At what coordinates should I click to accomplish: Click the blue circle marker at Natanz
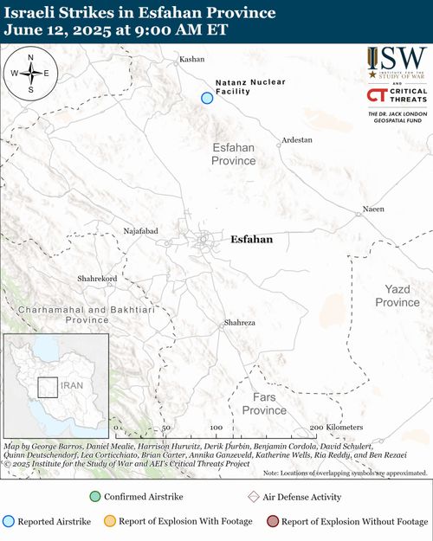pyautogui.click(x=207, y=98)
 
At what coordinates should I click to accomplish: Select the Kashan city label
pyautogui.click(x=191, y=60)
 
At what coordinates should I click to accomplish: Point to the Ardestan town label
pyautogui.click(x=297, y=139)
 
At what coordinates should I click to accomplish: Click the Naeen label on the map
pyautogui.click(x=372, y=209)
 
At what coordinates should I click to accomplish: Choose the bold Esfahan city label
pyautogui.click(x=252, y=239)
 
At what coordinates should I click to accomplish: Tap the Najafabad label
pyautogui.click(x=141, y=231)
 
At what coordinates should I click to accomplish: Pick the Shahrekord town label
pyautogui.click(x=97, y=279)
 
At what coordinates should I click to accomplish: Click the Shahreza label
pyautogui.click(x=240, y=322)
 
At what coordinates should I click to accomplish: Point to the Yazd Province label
pyautogui.click(x=397, y=296)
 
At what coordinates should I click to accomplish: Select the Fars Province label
pyautogui.click(x=264, y=403)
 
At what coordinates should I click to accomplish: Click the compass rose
pyautogui.click(x=30, y=74)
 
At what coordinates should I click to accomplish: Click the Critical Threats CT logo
pyautogui.click(x=376, y=95)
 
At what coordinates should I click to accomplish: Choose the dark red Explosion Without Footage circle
pyautogui.click(x=273, y=521)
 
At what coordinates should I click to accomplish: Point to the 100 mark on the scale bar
pyautogui.click(x=216, y=428)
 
